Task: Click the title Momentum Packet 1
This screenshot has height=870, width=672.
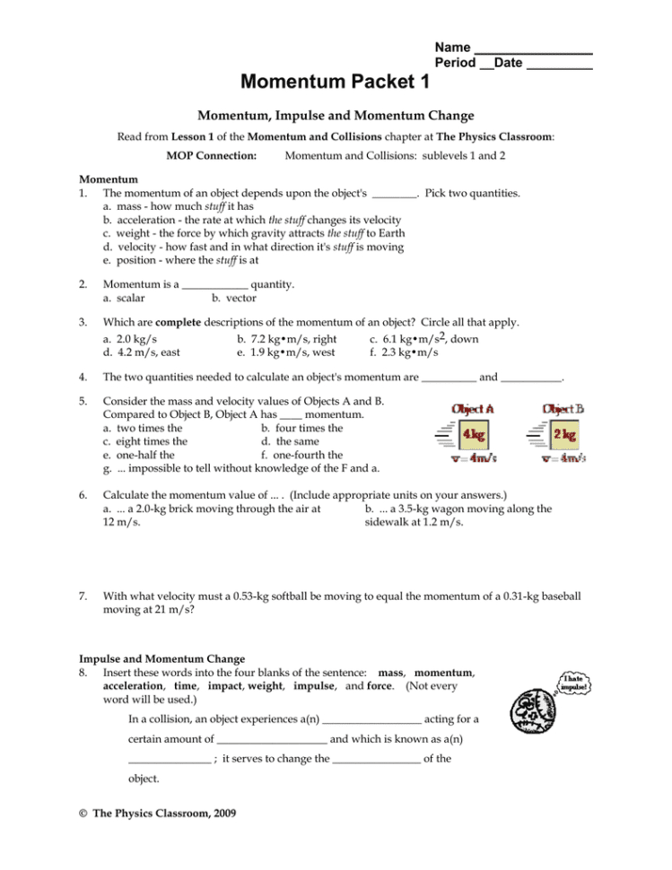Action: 335,83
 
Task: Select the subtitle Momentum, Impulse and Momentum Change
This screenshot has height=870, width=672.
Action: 336,116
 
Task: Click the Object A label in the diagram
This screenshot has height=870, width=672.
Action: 472,408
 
